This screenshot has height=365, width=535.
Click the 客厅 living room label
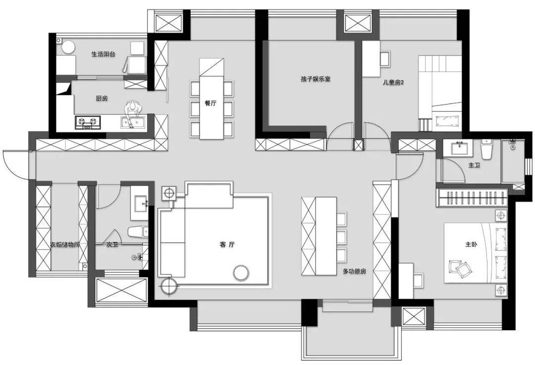pyautogui.click(x=226, y=245)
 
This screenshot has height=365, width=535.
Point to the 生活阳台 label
pyautogui.click(x=103, y=54)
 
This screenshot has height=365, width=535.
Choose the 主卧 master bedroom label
pyautogui.click(x=471, y=244)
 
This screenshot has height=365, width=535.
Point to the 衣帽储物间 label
pyautogui.click(x=65, y=245)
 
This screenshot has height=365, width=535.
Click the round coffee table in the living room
pyautogui.click(x=241, y=272)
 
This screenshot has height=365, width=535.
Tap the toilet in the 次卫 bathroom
pyautogui.click(x=137, y=232)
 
